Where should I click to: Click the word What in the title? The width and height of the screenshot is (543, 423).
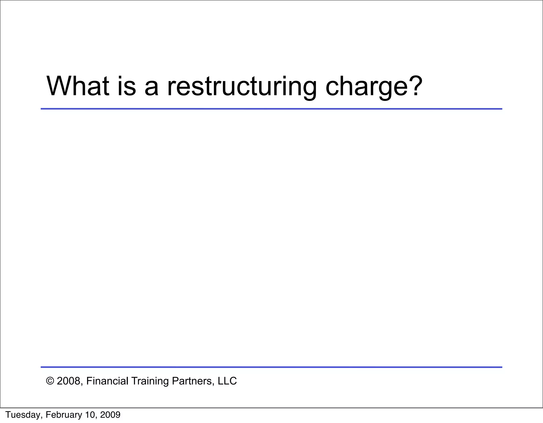pyautogui.click(x=78, y=86)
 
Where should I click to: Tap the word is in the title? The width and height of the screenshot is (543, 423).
pyautogui.click(x=126, y=86)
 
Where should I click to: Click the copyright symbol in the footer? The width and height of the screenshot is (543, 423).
pyautogui.click(x=50, y=381)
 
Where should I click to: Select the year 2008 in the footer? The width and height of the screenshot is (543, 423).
pyautogui.click(x=68, y=381)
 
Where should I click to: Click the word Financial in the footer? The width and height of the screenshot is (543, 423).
pyautogui.click(x=107, y=381)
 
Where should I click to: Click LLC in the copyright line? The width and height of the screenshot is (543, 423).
pyautogui.click(x=227, y=381)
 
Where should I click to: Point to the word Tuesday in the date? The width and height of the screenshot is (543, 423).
pyautogui.click(x=23, y=415)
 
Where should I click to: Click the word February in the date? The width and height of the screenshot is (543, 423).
pyautogui.click(x=64, y=415)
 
